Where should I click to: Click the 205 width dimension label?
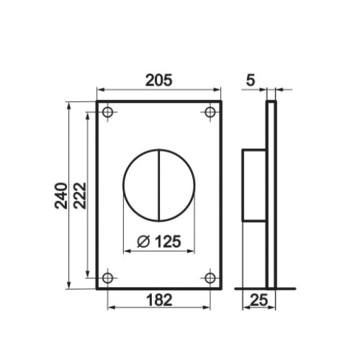pos(159,80)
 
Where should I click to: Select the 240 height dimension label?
pos(61,196)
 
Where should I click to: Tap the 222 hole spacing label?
pos(79,196)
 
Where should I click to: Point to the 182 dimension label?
pos(159,300)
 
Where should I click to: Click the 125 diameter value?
pos(168,241)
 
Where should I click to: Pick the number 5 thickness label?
pos(251,80)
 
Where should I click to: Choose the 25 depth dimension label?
pos(258,300)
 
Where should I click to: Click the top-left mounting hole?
pos(107,112)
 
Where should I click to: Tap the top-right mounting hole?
pos(210,112)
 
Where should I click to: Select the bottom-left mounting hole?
pos(107,278)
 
